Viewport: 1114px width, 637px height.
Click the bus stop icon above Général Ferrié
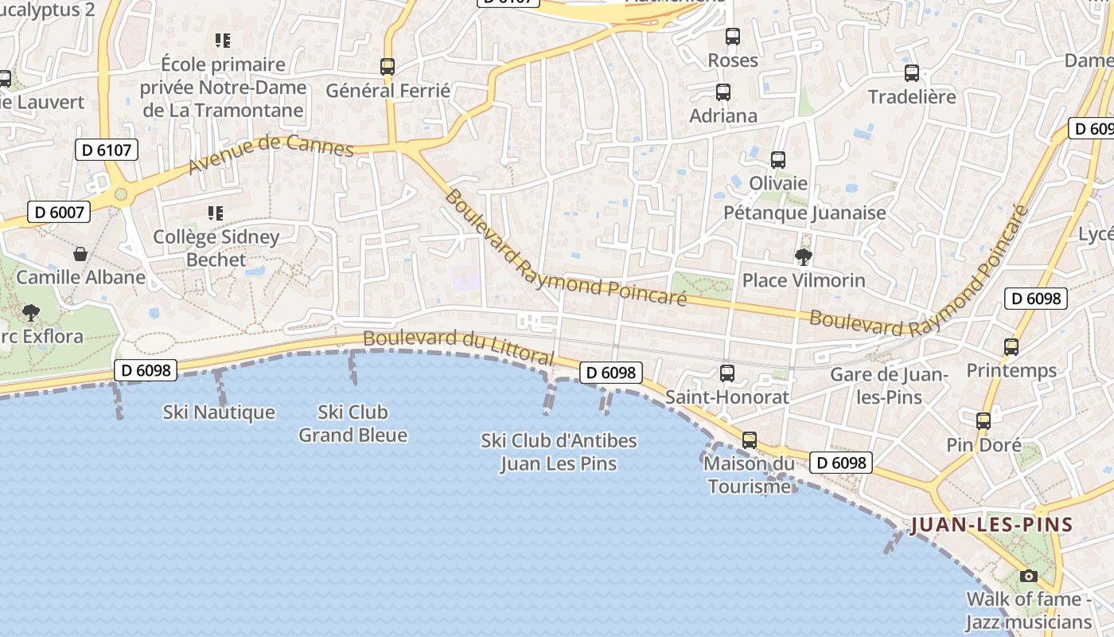[388, 67]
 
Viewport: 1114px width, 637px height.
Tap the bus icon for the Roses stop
[733, 37]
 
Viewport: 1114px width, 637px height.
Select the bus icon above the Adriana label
[723, 92]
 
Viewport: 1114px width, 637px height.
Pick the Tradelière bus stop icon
[912, 73]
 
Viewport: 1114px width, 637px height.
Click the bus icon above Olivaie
[778, 159]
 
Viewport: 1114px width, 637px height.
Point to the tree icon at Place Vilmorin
[803, 256]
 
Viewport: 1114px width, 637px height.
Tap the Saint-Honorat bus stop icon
[726, 373]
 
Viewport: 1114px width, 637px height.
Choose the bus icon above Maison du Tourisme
[749, 440]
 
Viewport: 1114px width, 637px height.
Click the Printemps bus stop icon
[1011, 347]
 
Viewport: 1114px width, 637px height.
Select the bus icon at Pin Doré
[984, 420]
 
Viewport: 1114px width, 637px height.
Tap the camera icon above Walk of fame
[1028, 576]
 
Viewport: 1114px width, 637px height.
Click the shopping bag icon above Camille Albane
[80, 254]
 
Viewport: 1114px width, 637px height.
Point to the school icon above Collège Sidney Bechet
[215, 213]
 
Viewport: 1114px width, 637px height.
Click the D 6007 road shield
[59, 212]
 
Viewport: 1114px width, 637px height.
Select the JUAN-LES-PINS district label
[991, 525]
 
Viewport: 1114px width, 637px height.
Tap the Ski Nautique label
[219, 412]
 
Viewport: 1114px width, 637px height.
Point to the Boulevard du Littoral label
[458, 348]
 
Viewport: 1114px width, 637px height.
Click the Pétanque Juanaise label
[804, 213]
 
